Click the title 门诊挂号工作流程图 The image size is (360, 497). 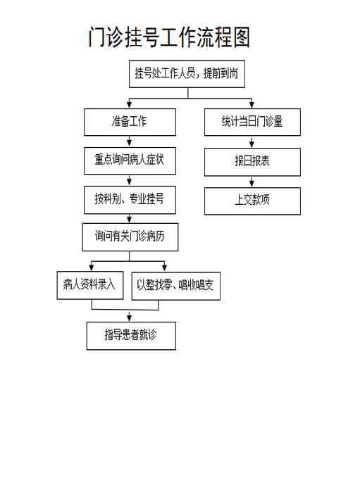pyautogui.click(x=169, y=37)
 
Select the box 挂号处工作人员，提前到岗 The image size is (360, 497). pyautogui.click(x=187, y=74)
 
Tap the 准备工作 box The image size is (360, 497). pyautogui.click(x=130, y=122)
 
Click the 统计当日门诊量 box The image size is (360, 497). pyautogui.click(x=252, y=122)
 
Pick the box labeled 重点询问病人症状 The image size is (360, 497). pyautogui.click(x=130, y=161)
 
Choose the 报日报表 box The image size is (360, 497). pyautogui.click(x=252, y=162)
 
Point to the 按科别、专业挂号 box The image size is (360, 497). pyautogui.click(x=130, y=200)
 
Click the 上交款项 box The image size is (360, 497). pyautogui.click(x=252, y=201)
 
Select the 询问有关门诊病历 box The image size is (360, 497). pyautogui.click(x=130, y=237)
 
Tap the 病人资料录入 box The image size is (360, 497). pyautogui.click(x=90, y=285)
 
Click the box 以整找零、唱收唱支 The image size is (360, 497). pyautogui.click(x=175, y=286)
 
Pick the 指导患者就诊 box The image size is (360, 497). pyautogui.click(x=131, y=336)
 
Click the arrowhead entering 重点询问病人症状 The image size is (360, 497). pyautogui.click(x=130, y=144)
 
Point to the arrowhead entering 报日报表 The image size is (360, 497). pyautogui.click(x=252, y=144)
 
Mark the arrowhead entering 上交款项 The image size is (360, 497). pyautogui.click(x=252, y=184)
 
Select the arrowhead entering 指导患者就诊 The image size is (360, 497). pyautogui.click(x=130, y=318)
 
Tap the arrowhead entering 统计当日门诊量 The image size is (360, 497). pyautogui.click(x=252, y=105)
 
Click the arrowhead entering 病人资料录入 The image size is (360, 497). pyautogui.click(x=92, y=268)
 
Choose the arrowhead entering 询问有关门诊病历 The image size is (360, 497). pyautogui.click(x=130, y=220)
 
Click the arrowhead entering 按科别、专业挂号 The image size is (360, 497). pyautogui.click(x=130, y=182)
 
